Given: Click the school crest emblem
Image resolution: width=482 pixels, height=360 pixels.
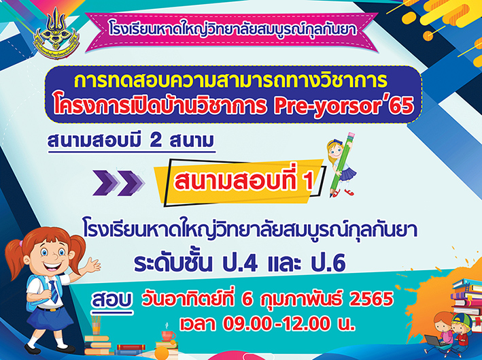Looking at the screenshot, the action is click(56, 33).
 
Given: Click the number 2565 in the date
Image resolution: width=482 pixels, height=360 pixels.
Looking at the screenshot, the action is click(372, 299).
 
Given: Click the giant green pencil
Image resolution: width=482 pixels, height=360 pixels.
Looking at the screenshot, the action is click(342, 164).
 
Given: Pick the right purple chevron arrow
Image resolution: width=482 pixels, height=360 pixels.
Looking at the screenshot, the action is click(131, 183).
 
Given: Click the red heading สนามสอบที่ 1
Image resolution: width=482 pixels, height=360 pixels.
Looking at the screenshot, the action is click(244, 181).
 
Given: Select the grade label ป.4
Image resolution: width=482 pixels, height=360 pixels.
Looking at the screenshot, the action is click(240, 263).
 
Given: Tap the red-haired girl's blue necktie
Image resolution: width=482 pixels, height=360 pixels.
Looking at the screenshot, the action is click(54, 292).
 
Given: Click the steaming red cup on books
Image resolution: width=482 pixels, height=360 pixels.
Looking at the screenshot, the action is click(168, 335).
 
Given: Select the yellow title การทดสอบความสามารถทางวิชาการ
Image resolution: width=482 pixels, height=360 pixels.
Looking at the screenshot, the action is click(231, 81).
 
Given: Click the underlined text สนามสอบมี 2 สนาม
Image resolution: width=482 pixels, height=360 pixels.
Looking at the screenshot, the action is click(131, 142).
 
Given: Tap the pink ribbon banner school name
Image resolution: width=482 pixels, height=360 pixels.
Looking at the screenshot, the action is click(233, 30).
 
